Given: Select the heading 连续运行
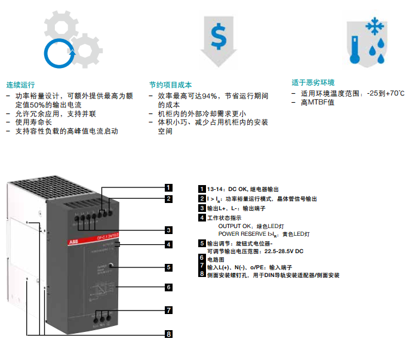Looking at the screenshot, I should [20, 84].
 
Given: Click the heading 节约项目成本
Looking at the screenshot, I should [170, 85].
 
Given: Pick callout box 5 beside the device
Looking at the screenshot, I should [169, 268].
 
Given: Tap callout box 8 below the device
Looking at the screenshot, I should [169, 334].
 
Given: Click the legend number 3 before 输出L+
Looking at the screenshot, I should [202, 208].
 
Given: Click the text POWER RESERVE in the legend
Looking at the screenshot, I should [240, 234].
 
